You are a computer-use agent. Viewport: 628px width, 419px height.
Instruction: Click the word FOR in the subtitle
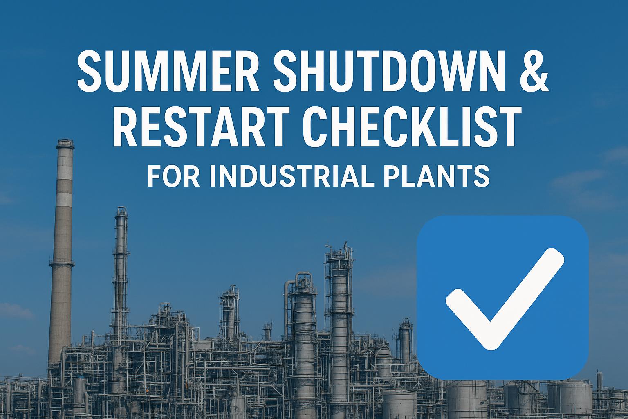coord(173,176)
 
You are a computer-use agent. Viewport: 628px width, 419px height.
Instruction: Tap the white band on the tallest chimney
coord(64,199)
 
